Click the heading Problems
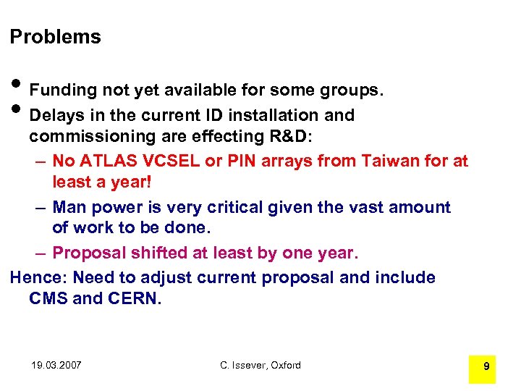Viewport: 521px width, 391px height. coord(55,37)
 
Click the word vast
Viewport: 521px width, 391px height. coord(362,207)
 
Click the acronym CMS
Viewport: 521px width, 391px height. coord(48,298)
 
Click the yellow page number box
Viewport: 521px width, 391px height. coord(486,366)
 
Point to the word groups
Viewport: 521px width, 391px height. coord(348,91)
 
